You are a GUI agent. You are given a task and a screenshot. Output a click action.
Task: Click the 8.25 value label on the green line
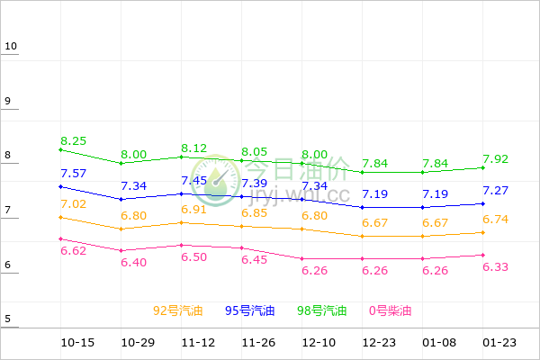74,141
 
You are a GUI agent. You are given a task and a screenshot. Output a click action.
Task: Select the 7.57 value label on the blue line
74,173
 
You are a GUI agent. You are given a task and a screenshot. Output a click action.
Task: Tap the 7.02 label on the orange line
74,204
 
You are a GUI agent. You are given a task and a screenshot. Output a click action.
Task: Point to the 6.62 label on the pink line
74,250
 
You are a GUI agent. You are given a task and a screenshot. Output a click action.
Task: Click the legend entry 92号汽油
177,310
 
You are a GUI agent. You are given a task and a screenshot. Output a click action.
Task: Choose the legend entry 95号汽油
249,310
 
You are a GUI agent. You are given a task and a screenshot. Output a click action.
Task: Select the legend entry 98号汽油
321,310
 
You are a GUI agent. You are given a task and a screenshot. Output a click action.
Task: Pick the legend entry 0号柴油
390,310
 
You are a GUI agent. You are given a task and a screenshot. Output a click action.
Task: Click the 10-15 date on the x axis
77,343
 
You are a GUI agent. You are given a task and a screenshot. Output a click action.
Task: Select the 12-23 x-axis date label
377,343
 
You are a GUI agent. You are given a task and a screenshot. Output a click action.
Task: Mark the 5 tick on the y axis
8,319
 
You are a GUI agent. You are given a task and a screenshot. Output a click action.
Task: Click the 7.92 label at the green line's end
496,159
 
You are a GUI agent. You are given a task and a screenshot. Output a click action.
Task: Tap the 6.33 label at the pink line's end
496,266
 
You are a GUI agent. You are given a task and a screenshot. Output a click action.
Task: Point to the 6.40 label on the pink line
134,262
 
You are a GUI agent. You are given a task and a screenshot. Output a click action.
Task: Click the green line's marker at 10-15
60,149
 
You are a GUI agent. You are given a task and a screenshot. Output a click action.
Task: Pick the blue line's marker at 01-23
484,203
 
